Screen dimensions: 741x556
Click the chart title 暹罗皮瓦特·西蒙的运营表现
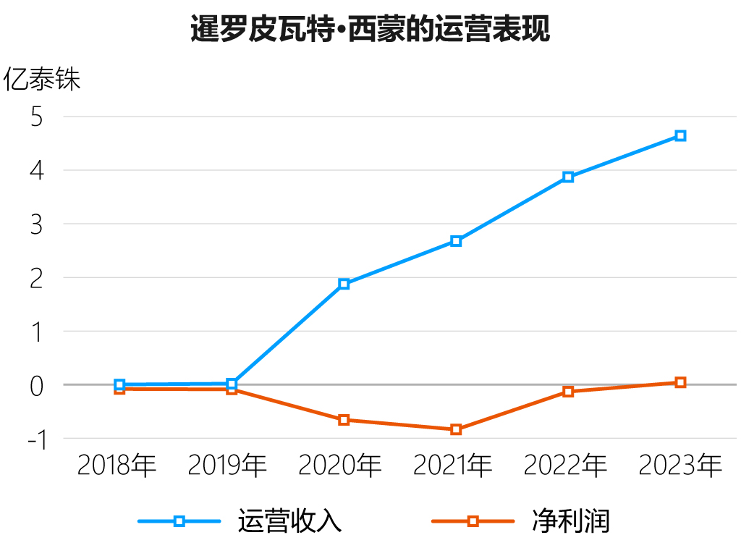370,29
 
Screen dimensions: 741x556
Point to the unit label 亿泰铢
41,78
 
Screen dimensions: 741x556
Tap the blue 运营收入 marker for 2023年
680,135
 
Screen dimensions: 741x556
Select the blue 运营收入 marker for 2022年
568,177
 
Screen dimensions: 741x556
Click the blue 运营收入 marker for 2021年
456,241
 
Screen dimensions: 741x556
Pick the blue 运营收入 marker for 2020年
344,284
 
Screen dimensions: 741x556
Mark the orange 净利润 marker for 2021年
456,429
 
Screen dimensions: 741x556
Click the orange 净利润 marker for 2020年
344,420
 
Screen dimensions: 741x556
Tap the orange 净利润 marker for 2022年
568,392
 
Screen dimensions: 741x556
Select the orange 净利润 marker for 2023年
680,382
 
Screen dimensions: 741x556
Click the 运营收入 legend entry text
289,521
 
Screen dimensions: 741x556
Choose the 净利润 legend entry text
571,521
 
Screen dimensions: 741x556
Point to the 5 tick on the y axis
36,117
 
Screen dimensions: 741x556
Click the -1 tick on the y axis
37,439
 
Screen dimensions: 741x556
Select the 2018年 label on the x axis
117,465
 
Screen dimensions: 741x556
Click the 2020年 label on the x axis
340,465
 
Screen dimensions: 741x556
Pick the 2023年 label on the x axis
680,465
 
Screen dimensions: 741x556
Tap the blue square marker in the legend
179,521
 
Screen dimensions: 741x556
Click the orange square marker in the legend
473,521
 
